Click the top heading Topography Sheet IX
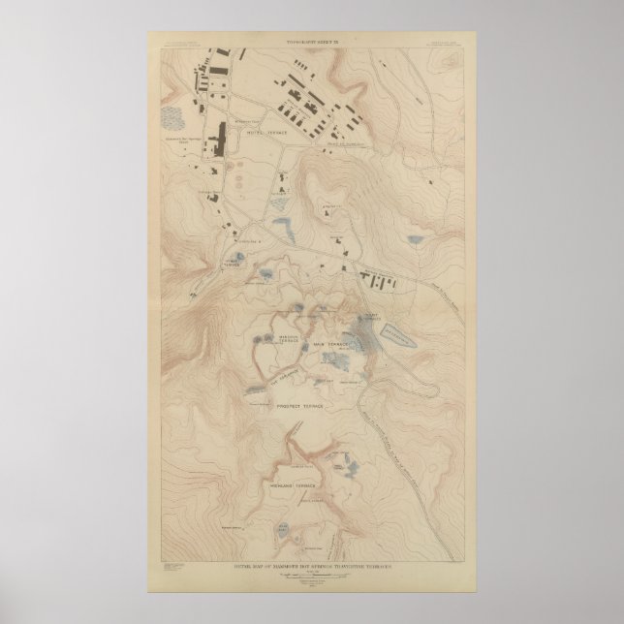click(x=311, y=40)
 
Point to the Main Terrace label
click(x=328, y=344)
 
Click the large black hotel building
click(x=220, y=140)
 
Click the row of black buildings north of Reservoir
click(x=382, y=282)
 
